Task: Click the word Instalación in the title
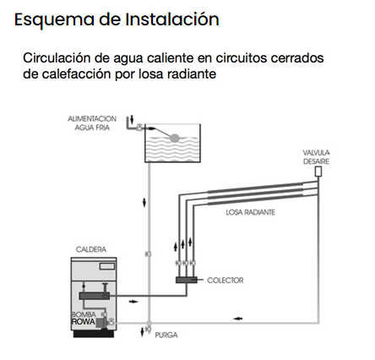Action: [x=172, y=19]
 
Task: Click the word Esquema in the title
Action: [x=54, y=19]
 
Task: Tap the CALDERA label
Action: [x=91, y=249]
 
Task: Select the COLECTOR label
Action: [x=226, y=281]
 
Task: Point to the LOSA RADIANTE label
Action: [x=250, y=212]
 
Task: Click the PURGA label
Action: [x=166, y=335]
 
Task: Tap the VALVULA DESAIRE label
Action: [x=316, y=157]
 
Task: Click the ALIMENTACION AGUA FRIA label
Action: [x=92, y=123]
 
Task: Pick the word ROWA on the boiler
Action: [x=84, y=322]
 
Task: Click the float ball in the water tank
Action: [x=175, y=138]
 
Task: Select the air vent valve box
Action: [x=318, y=172]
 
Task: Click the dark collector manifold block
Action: [x=187, y=280]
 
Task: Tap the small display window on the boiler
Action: [x=107, y=266]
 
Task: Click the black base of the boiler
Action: [x=94, y=334]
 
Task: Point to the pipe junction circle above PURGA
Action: [x=149, y=323]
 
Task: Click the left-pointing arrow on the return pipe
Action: [x=238, y=319]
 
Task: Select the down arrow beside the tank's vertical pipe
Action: [x=144, y=203]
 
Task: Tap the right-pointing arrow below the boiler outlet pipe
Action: [x=133, y=302]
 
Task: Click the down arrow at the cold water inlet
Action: [x=132, y=119]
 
